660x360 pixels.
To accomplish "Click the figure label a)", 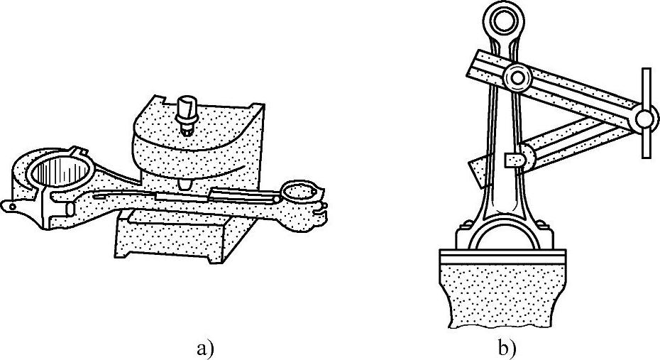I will coord(204,349).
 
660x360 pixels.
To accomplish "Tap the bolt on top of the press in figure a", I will coord(187,114).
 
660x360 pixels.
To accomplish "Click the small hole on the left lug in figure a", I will coord(12,206).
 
